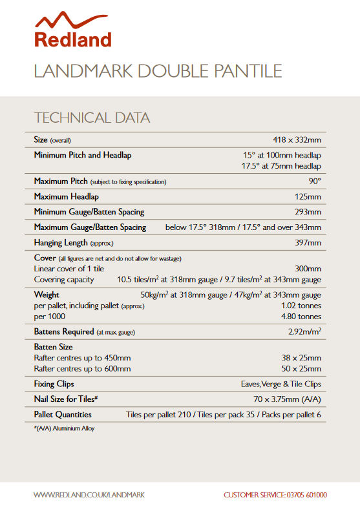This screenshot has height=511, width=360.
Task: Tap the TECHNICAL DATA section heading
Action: click(92, 118)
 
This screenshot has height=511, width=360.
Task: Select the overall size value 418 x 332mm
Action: click(297, 140)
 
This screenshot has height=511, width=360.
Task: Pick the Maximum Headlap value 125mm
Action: click(307, 196)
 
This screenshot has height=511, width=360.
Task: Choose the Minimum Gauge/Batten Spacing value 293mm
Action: click(307, 212)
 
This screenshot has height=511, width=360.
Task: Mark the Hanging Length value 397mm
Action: click(307, 243)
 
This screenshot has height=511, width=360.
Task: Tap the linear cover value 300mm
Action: click(307, 269)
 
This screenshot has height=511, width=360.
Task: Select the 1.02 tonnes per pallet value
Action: click(301, 306)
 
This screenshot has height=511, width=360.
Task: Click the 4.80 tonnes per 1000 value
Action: click(301, 317)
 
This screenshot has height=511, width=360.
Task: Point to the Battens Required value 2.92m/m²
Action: click(304, 332)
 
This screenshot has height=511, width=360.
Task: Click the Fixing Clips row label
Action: click(54, 384)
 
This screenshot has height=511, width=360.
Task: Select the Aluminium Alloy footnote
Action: click(64, 428)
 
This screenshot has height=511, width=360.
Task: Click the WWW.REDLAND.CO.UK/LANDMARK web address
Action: click(89, 495)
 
